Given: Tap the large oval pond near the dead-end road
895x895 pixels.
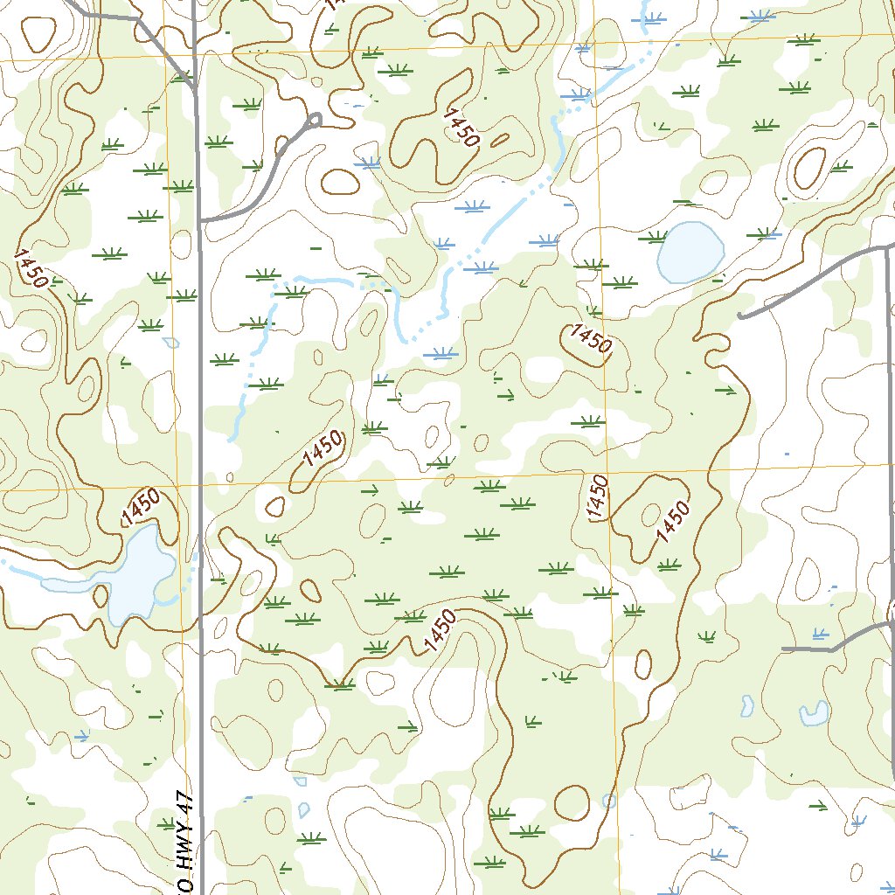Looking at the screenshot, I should point(690,252).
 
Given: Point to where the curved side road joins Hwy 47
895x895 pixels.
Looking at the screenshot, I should point(201,220).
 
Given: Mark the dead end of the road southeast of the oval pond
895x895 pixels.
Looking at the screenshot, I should point(739,316).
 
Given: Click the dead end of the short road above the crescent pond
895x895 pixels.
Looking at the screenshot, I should point(783,649).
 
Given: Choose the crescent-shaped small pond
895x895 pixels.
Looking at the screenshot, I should point(814,714).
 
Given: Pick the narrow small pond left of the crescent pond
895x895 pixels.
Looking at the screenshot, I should point(747,704).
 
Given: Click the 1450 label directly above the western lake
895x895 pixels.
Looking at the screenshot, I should point(141,507).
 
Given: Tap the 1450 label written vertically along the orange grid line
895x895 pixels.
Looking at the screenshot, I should point(599,498).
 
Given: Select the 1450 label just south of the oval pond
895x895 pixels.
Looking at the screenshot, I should point(589,338).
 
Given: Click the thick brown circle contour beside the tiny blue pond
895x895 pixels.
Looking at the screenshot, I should point(572,802).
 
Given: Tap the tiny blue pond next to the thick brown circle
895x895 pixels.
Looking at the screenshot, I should point(609,800).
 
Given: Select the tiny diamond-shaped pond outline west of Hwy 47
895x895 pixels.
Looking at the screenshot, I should point(170,342).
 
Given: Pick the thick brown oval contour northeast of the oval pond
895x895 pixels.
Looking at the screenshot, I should point(808,169).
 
